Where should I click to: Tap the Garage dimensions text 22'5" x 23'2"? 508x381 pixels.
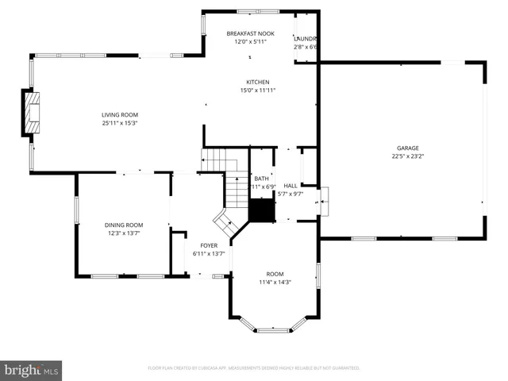(x=408, y=156)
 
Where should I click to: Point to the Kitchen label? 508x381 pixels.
(x=258, y=82)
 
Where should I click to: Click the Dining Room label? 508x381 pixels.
(x=124, y=225)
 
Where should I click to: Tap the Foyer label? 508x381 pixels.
(x=209, y=245)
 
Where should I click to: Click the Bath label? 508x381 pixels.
(x=261, y=179)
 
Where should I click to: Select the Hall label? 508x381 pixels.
(x=291, y=186)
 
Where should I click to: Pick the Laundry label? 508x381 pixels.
(x=306, y=38)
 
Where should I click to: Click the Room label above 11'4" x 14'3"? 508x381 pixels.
(x=275, y=274)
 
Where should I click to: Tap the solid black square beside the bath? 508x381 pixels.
(x=261, y=210)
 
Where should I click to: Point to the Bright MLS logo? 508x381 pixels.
(x=31, y=370)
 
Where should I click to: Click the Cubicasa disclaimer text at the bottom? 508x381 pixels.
(x=254, y=368)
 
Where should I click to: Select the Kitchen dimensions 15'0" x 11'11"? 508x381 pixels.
(x=258, y=90)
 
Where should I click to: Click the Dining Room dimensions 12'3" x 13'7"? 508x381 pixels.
(x=124, y=233)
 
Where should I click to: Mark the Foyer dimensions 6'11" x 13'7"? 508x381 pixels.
(x=209, y=254)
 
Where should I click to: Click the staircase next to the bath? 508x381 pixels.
(x=236, y=190)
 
